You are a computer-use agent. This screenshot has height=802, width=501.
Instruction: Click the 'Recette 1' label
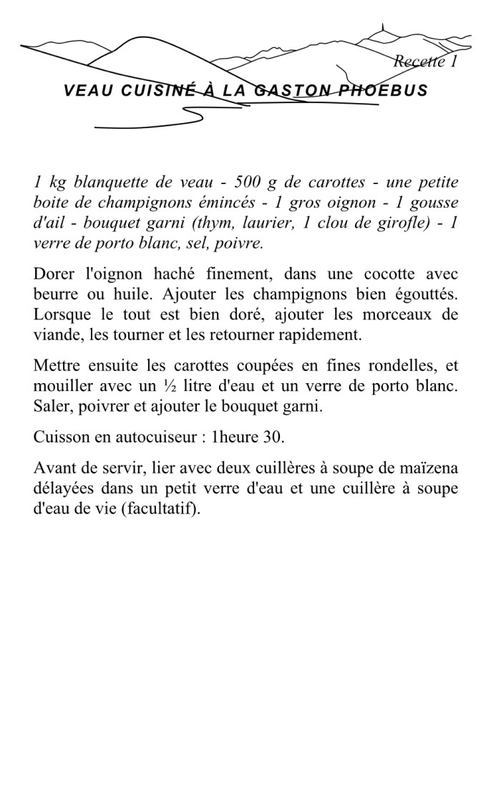425,62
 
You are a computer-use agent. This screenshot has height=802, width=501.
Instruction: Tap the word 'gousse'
434,203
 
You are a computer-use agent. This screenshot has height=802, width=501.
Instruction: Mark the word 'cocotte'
379,274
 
